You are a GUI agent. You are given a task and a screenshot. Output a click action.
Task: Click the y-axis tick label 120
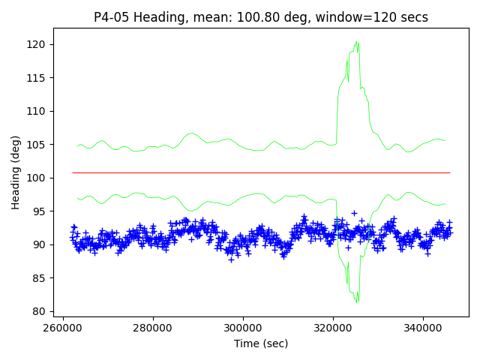[x=38, y=45]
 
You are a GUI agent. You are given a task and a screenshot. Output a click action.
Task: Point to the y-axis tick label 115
[x=38, y=78]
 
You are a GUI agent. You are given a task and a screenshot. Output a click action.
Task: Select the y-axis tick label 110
[x=38, y=112]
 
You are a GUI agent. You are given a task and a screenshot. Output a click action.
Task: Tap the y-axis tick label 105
[x=38, y=145]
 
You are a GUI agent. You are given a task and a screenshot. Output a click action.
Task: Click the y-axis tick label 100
[x=38, y=178]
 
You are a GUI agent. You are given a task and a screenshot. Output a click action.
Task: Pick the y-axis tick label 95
[x=41, y=211]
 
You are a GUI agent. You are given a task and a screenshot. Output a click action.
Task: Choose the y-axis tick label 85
[x=41, y=278]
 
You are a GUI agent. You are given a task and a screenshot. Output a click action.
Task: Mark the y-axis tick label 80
[x=41, y=312]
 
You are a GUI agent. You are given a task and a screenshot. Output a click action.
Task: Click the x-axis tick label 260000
[x=63, y=328]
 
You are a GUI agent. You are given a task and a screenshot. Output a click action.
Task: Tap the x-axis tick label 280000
[x=153, y=328]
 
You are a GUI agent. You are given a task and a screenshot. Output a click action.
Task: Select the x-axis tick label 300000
[x=243, y=328]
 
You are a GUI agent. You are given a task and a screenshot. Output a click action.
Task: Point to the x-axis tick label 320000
[x=333, y=328]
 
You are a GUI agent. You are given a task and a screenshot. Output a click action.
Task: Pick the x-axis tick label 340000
[x=423, y=328]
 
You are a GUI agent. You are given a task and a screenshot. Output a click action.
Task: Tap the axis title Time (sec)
[x=261, y=343]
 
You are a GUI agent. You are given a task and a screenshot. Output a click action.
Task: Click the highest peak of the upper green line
[x=358, y=42]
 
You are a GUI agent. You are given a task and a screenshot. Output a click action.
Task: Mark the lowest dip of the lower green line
[x=358, y=301]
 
